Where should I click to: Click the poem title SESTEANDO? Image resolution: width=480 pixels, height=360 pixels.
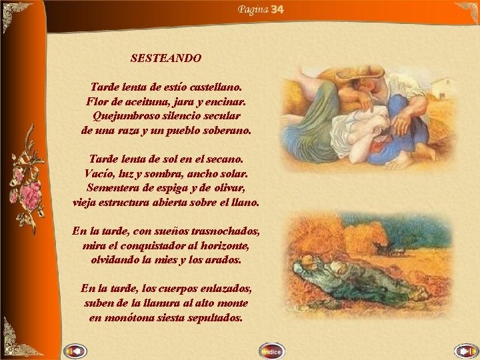(x=166, y=58)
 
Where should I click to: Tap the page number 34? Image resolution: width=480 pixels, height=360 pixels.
(x=278, y=9)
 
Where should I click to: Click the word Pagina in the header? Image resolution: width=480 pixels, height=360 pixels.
(x=253, y=9)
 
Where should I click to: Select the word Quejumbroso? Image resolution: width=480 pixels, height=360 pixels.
(x=123, y=116)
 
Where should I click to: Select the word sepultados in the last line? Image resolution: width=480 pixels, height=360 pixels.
(x=215, y=318)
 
